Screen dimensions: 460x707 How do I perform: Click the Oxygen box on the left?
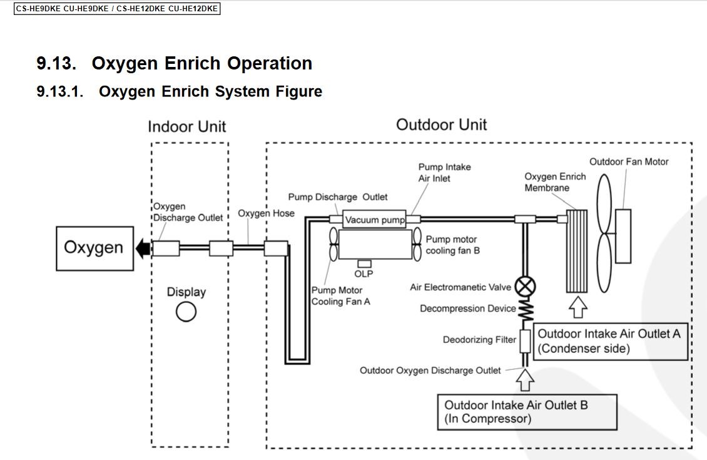[x=94, y=248]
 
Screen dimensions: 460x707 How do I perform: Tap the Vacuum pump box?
[x=375, y=220]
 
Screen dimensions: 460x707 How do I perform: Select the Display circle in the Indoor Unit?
[x=186, y=311]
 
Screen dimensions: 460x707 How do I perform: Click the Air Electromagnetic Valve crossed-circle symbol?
[x=526, y=287]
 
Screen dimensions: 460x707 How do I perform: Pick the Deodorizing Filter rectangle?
[x=526, y=340]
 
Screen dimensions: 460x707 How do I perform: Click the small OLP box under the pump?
[x=364, y=264]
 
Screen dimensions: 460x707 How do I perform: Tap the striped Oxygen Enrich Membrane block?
[x=577, y=251]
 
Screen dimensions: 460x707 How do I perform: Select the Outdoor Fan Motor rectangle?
[x=623, y=236]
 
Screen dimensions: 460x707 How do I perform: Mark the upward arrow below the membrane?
[x=577, y=307]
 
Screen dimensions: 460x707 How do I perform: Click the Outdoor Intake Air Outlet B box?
[x=527, y=411]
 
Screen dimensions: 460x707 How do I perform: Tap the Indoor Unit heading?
[x=186, y=126]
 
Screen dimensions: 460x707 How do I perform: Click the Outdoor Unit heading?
[x=441, y=125]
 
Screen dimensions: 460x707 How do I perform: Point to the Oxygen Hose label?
[x=266, y=213]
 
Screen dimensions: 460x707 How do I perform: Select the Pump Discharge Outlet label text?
[x=338, y=197]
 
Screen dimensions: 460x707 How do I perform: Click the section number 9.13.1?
[x=60, y=91]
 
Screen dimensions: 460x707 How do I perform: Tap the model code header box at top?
[x=117, y=9]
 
